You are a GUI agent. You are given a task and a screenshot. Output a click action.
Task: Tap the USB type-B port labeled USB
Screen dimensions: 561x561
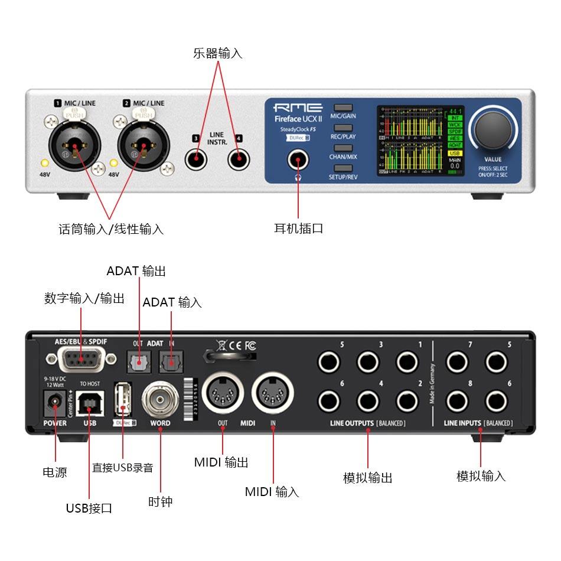tap(90, 403)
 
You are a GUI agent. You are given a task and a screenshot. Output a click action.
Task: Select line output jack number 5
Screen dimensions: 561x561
tap(329, 361)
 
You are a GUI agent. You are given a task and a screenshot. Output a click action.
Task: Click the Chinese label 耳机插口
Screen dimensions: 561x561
tap(298, 229)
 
